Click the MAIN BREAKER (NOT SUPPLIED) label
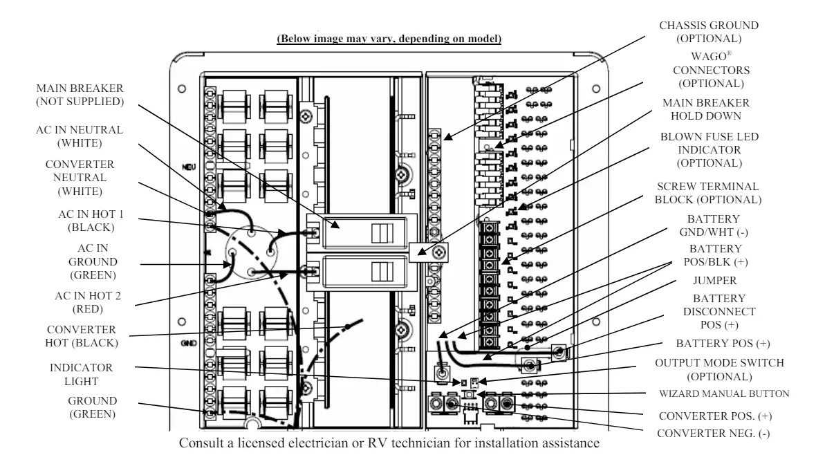pyautogui.click(x=80, y=95)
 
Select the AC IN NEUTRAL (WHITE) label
pyautogui.click(x=79, y=136)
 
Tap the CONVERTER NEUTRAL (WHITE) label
pyautogui.click(x=80, y=178)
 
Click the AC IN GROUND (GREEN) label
pyautogui.click(x=93, y=261)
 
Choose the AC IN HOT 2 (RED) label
pyautogui.click(x=87, y=302)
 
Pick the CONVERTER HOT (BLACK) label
pyautogui.click(x=81, y=336)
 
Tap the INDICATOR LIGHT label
pyautogui.click(x=81, y=374)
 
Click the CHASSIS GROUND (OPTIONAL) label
pyautogui.click(x=709, y=32)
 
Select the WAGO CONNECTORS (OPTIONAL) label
pyautogui.click(x=711, y=70)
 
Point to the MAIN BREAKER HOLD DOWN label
pyautogui.click(x=705, y=109)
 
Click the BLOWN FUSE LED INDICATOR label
pyautogui.click(x=710, y=150)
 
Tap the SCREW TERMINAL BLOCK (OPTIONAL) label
pyautogui.click(x=707, y=193)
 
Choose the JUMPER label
pyautogui.click(x=714, y=280)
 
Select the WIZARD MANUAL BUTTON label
pyautogui.click(x=724, y=393)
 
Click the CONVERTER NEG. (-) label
pyautogui.click(x=713, y=434)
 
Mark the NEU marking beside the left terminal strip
pyautogui.click(x=189, y=167)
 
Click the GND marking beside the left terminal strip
pyautogui.click(x=188, y=343)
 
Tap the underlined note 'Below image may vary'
pyautogui.click(x=389, y=39)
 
